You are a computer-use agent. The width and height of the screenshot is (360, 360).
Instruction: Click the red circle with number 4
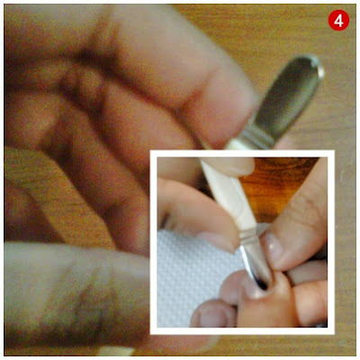(x=338, y=20)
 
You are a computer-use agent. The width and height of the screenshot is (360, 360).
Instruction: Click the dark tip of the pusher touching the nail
(x=263, y=283)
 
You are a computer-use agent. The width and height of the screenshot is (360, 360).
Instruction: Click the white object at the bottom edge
(x=115, y=351)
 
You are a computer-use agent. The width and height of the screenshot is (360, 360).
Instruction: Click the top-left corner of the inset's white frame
(x=150, y=151)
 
